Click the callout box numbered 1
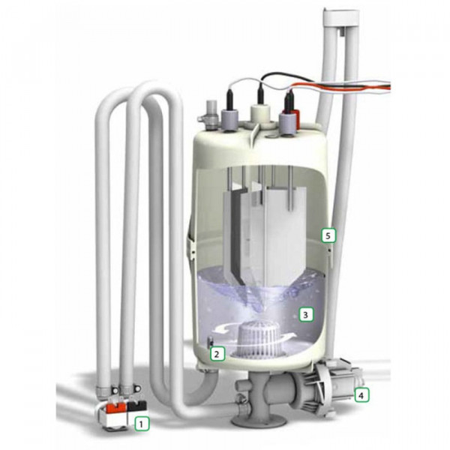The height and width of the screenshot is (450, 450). [x=141, y=424]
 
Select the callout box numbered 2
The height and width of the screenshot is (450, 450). [x=217, y=354]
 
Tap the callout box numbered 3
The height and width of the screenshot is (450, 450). [x=306, y=315]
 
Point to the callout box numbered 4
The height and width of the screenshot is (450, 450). [x=361, y=396]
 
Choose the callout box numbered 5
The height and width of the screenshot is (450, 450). [x=328, y=236]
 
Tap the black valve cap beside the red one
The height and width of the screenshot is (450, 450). [x=136, y=406]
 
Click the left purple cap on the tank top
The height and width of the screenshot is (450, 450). [x=229, y=120]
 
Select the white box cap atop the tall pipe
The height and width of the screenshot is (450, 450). [x=341, y=19]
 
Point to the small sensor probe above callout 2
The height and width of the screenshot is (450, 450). [x=211, y=341]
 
